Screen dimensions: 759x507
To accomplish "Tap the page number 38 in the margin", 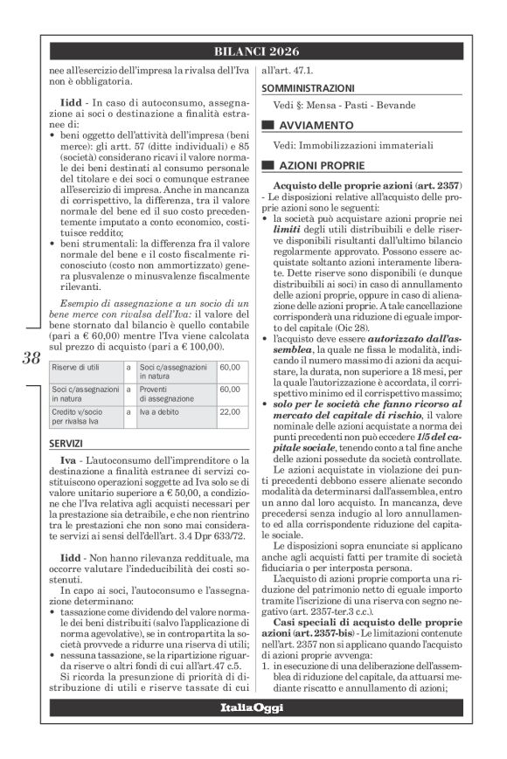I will click(31, 357).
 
